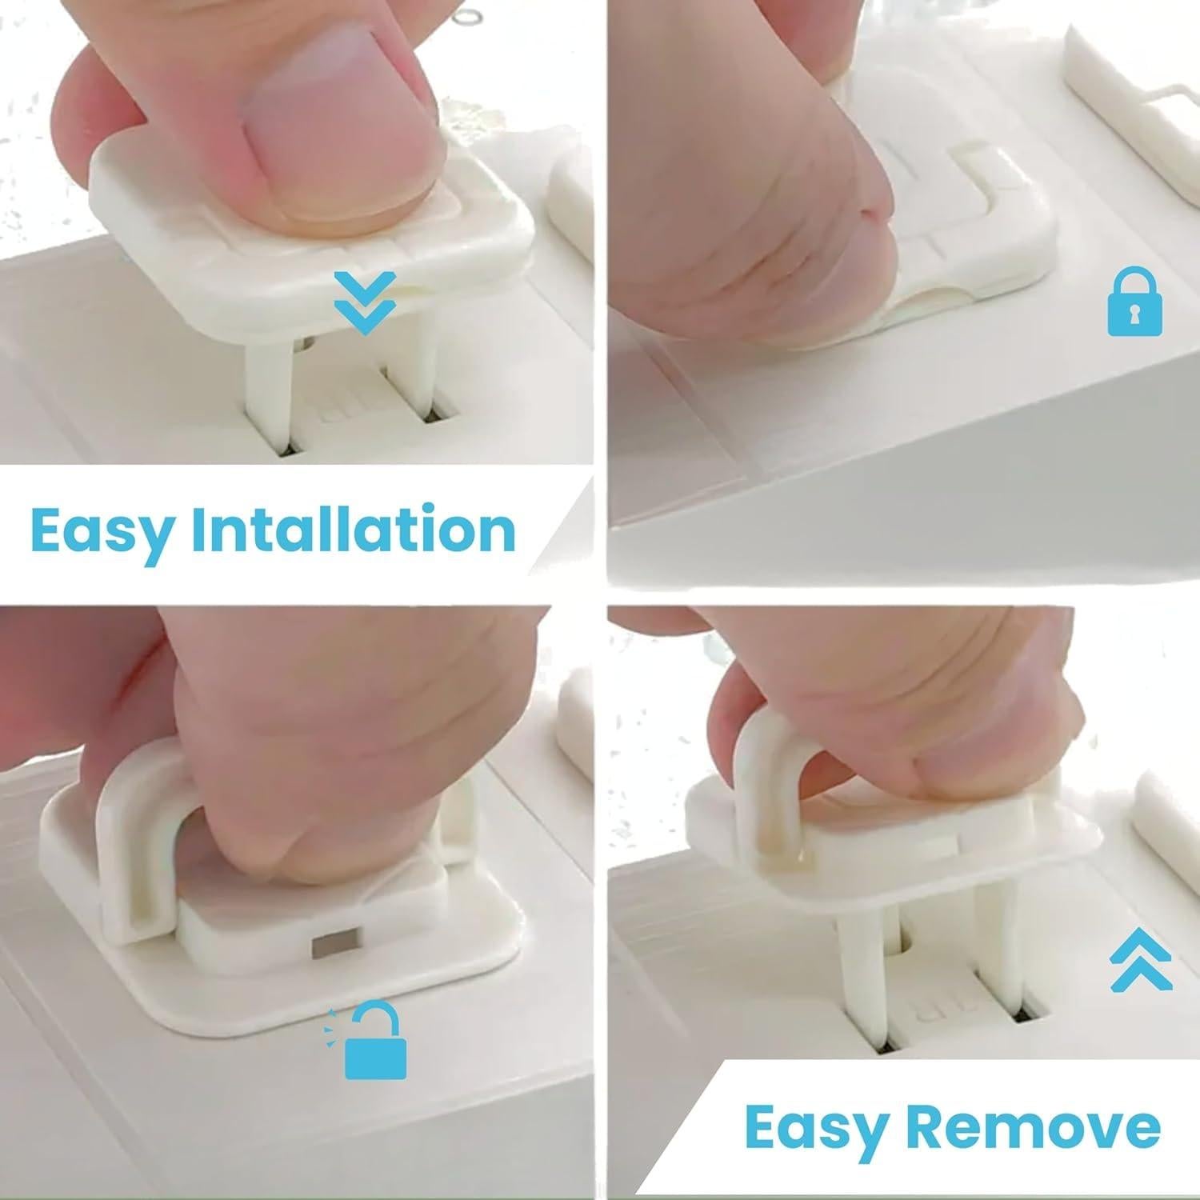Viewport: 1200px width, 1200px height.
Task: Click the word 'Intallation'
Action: point(353,529)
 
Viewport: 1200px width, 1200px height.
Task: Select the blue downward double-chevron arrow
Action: point(365,302)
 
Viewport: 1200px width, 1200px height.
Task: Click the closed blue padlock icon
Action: point(1134,303)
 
